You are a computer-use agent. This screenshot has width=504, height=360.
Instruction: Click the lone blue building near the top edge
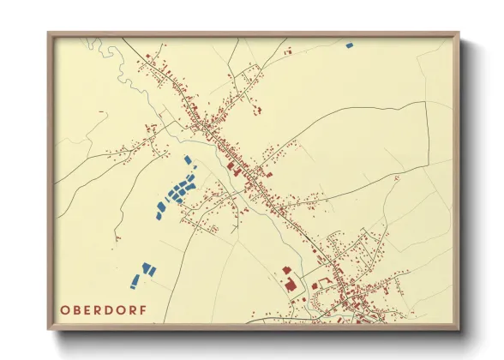349,45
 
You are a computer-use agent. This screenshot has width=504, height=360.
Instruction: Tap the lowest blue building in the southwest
135,280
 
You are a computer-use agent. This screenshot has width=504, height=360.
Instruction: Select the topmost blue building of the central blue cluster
188,159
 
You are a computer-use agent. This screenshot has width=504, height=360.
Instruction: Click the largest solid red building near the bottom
289,282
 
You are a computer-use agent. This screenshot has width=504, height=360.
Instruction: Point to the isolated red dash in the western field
102,111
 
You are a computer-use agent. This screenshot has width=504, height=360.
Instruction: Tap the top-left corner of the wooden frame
49,33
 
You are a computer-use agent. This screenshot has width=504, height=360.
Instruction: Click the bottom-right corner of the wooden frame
459,329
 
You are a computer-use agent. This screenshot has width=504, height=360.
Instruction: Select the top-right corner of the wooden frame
459,33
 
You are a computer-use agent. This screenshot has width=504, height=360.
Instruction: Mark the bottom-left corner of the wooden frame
49,329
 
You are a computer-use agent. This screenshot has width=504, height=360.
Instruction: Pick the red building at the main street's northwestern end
147,59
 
